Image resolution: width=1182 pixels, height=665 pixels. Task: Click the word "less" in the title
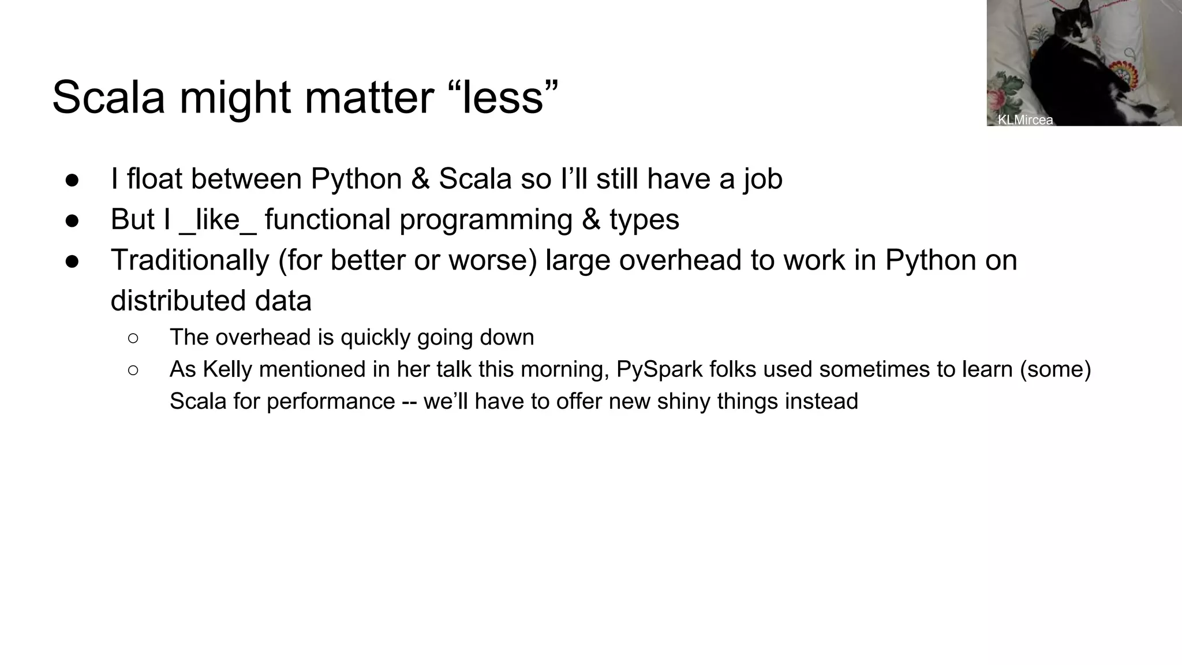[x=503, y=97]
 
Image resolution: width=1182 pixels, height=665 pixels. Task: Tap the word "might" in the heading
[x=234, y=97]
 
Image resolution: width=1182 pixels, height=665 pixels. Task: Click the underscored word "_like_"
[x=218, y=220]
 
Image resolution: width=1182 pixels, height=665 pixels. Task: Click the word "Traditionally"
[x=190, y=260]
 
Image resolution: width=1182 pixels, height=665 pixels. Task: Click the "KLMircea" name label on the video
[x=1025, y=120]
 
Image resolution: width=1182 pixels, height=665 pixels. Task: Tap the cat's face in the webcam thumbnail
[x=1072, y=24]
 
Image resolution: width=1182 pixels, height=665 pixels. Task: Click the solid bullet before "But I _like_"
[x=72, y=220]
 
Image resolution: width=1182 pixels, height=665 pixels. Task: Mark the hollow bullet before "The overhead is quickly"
[x=133, y=338]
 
